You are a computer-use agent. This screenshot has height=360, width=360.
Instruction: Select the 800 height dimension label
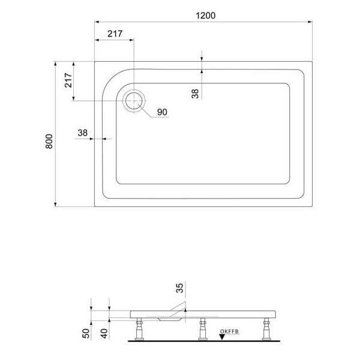(50, 141)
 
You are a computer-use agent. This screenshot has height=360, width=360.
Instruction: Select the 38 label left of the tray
(83, 133)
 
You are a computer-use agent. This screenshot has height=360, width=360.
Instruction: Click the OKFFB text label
(229, 331)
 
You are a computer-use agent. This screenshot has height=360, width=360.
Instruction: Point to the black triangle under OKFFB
(222, 337)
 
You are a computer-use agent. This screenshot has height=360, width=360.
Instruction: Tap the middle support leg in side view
(202, 330)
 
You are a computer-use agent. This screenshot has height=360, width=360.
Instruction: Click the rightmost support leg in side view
(264, 330)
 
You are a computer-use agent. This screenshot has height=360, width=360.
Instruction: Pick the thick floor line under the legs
(204, 341)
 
